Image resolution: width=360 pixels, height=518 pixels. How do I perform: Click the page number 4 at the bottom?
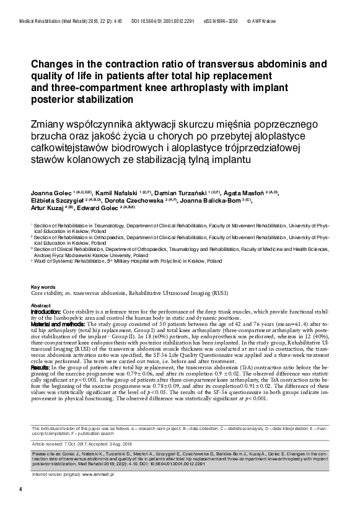pyautogui.click(x=21, y=489)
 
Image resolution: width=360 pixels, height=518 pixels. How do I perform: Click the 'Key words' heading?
pyautogui.click(x=43, y=287)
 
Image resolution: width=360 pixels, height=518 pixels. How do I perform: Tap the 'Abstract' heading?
pyautogui.click(x=41, y=306)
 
